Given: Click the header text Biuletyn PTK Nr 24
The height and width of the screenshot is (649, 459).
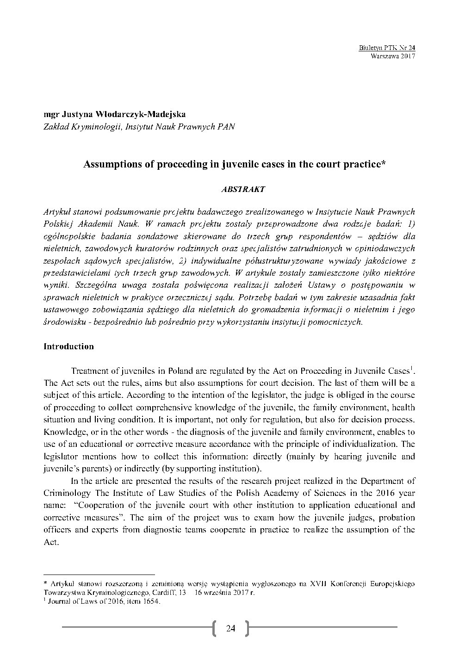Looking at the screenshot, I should (387, 48).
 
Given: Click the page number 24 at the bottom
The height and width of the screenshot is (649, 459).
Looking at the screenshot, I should (230, 628).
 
